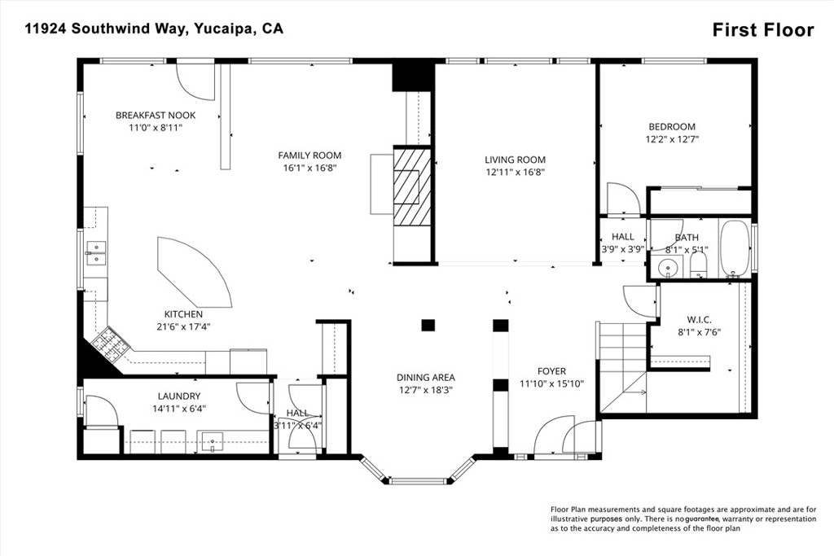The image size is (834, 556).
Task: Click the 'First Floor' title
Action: tap(762, 30)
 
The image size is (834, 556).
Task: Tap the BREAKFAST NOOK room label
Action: tap(156, 116)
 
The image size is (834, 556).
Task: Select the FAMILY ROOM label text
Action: tap(309, 155)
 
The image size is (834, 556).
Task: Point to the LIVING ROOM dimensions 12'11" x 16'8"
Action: tap(515, 173)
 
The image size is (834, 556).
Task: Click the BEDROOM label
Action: tap(672, 127)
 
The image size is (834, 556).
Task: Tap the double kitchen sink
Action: tap(96, 253)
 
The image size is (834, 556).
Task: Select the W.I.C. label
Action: tap(699, 320)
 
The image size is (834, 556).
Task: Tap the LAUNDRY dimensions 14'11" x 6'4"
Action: tap(179, 409)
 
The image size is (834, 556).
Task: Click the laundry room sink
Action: tap(213, 442)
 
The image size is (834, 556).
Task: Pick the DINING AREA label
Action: tap(425, 378)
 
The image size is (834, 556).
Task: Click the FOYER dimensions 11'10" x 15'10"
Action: tap(551, 383)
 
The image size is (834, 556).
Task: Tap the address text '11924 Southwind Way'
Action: tap(105, 28)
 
